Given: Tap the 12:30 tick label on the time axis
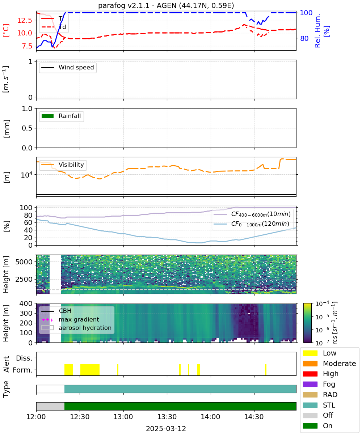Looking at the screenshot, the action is pyautogui.click(x=80, y=417).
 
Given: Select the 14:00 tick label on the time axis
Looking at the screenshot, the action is pyautogui.click(x=210, y=417).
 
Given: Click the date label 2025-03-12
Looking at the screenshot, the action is pyautogui.click(x=166, y=429).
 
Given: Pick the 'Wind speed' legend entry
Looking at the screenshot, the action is pyautogui.click(x=68, y=67).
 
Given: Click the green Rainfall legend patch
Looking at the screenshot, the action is pyautogui.click(x=48, y=116).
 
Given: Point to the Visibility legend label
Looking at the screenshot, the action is pyautogui.click(x=71, y=165).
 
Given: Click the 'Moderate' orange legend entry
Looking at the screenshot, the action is pyautogui.click(x=329, y=363).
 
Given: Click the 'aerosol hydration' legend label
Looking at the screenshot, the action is pyautogui.click(x=85, y=328).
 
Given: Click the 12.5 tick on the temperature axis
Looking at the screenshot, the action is pyautogui.click(x=25, y=20).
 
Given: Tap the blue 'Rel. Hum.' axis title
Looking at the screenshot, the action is pyautogui.click(x=318, y=31).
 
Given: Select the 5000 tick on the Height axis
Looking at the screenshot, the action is pyautogui.click(x=24, y=262).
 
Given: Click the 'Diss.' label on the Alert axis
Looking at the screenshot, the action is pyautogui.click(x=24, y=358).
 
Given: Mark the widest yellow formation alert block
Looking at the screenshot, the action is pyautogui.click(x=90, y=370).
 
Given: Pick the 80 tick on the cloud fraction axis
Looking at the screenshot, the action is pyautogui.click(x=29, y=215).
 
